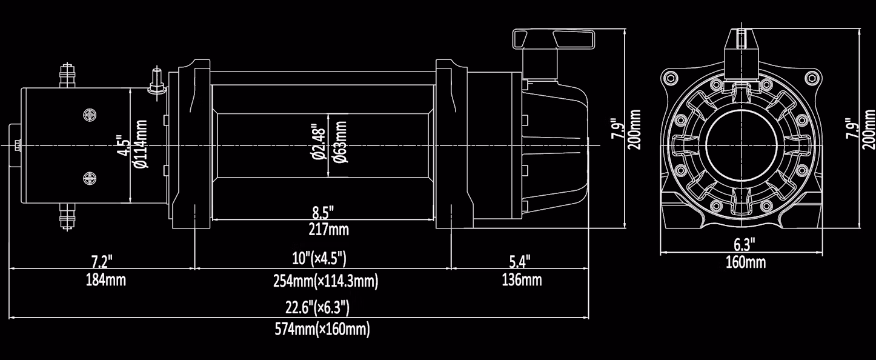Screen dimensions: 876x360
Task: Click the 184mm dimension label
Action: coord(105,280)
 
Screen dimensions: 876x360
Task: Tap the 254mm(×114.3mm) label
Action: coord(325,281)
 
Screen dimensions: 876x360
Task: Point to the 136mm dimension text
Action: coord(522,280)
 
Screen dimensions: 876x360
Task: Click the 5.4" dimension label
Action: coord(520,261)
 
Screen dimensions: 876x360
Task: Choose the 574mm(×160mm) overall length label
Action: coord(322,329)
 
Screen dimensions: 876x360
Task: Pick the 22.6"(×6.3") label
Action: coord(317,308)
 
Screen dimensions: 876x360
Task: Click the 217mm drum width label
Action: coord(328,229)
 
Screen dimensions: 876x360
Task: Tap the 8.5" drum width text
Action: coord(323,213)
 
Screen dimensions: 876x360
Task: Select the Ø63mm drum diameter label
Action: coord(340,142)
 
